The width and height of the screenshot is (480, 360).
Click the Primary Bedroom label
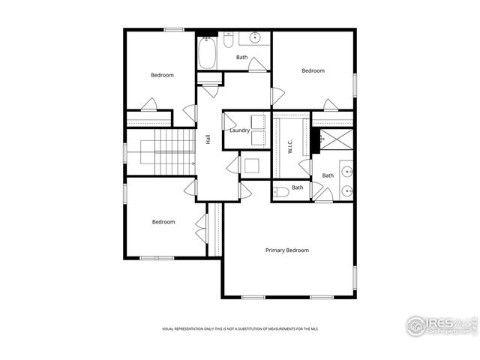(286, 250)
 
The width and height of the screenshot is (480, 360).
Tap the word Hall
(208, 139)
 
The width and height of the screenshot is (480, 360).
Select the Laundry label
(240, 130)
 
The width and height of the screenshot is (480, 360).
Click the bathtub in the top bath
(207, 52)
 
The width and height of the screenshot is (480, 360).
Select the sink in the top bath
(255, 37)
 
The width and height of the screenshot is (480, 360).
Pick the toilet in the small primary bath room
(280, 191)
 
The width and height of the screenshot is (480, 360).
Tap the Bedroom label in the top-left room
(162, 75)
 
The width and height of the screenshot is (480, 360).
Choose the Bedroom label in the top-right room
(313, 71)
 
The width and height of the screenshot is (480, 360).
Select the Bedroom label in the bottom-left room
(163, 222)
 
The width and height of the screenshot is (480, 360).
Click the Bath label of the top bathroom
(241, 58)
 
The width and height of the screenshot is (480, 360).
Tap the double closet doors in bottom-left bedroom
(201, 228)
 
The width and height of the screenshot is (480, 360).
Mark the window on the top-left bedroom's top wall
(174, 30)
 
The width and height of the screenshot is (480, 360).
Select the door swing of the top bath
(257, 64)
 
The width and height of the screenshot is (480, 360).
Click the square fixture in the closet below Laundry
(250, 166)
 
